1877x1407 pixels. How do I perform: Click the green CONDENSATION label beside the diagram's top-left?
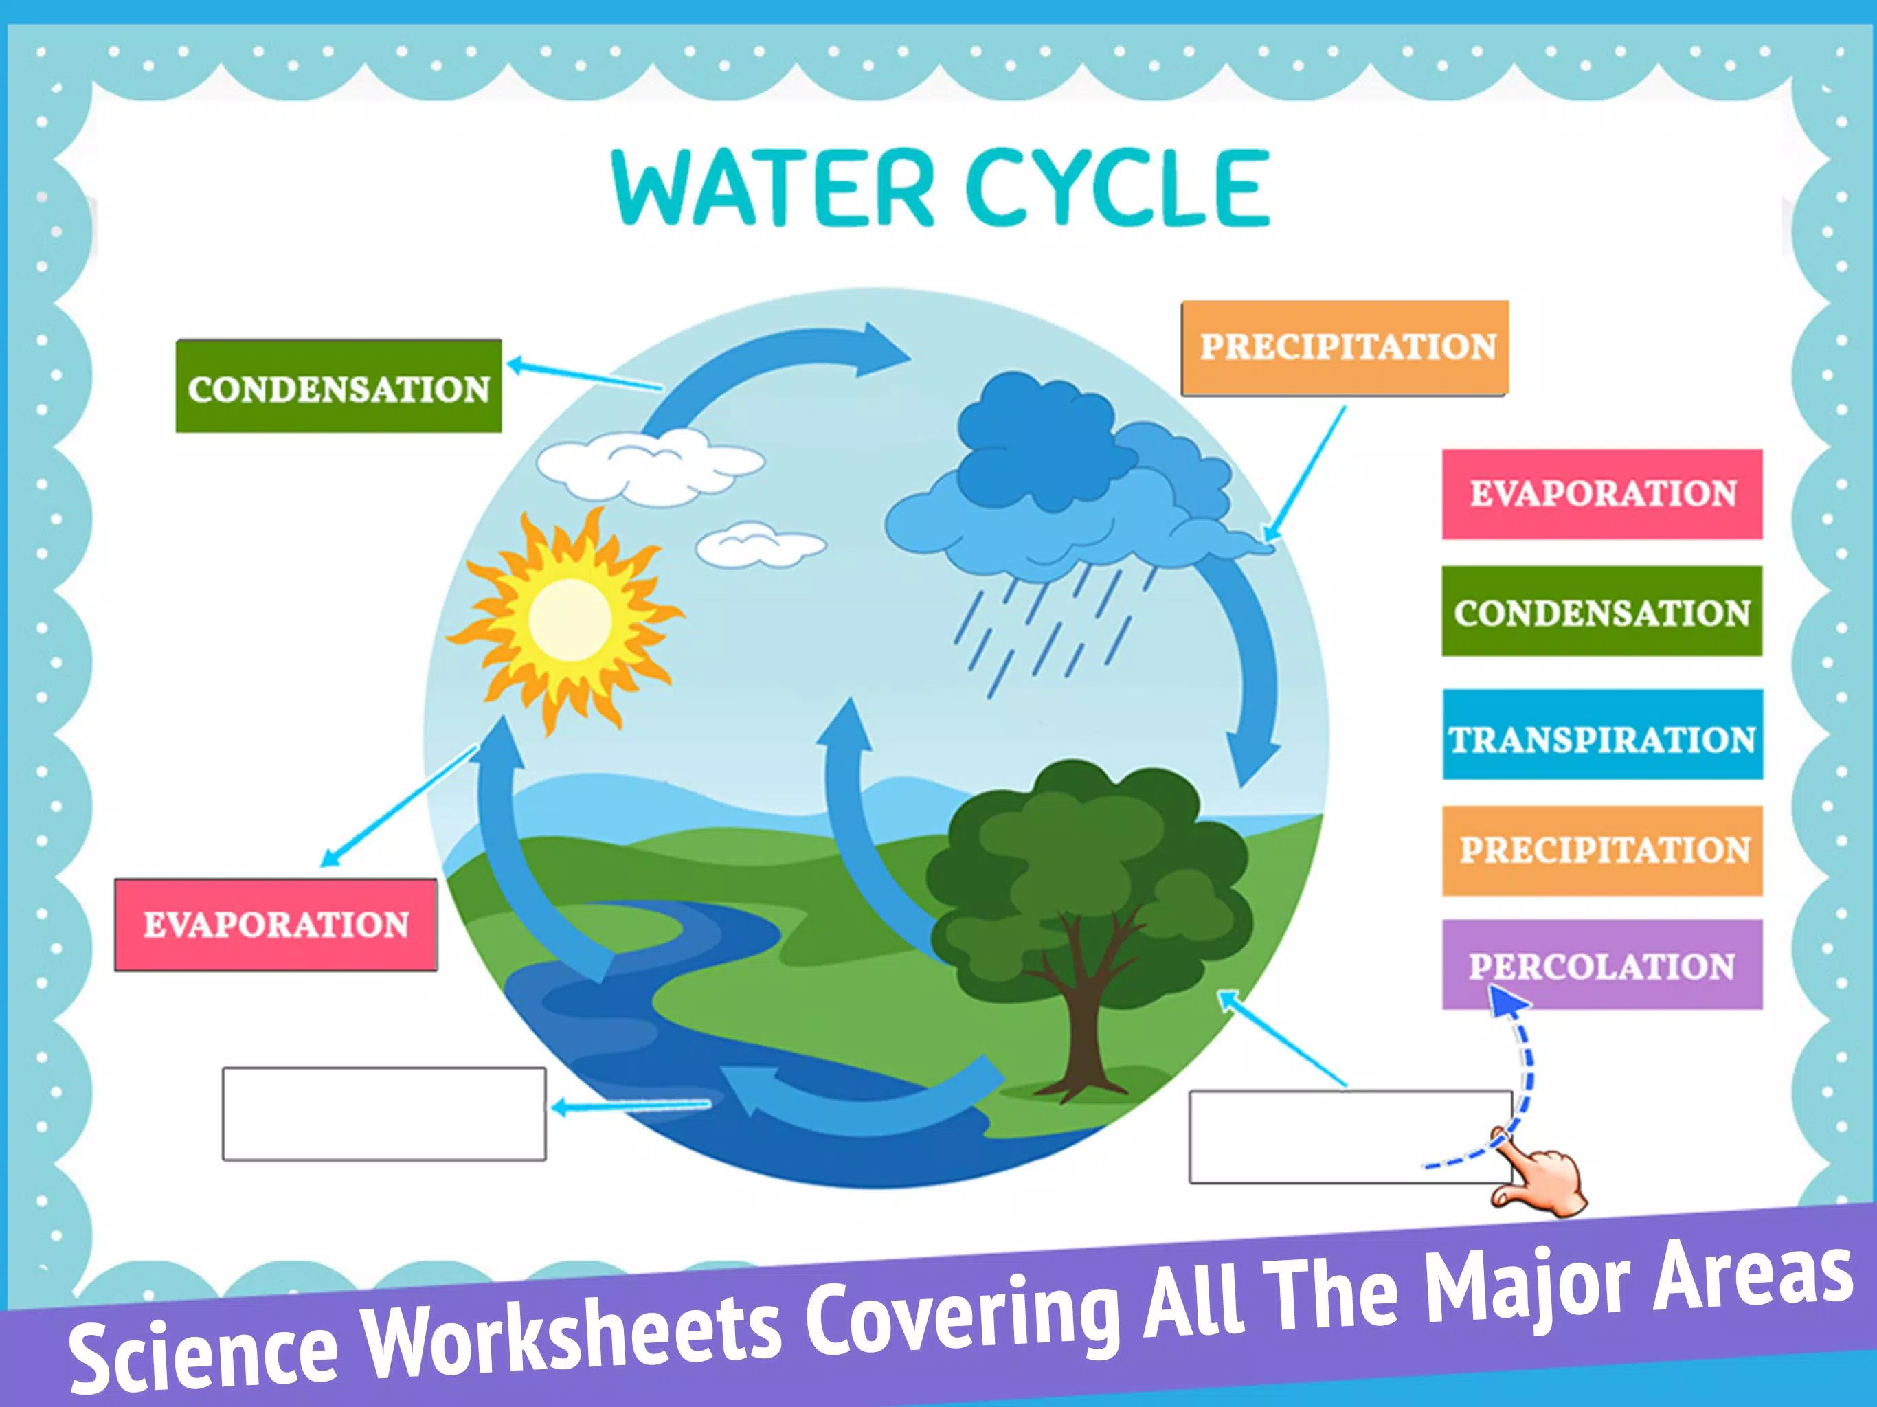coord(339,387)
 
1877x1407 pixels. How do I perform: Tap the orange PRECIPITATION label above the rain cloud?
coord(1345,348)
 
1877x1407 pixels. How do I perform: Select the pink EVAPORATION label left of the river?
coord(276,925)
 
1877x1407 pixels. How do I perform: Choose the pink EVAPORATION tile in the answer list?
coord(1602,494)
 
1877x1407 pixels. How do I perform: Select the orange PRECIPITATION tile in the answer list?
coord(1602,851)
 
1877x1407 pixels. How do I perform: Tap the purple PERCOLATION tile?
coord(1602,965)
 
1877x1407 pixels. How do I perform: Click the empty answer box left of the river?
coord(383,1114)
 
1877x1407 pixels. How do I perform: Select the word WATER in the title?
coord(772,188)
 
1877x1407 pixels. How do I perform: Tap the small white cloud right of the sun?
coord(761,545)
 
